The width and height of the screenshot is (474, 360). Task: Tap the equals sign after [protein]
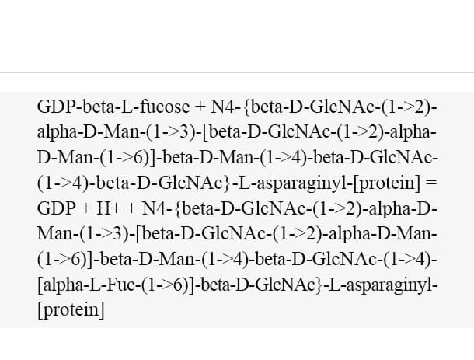(431, 183)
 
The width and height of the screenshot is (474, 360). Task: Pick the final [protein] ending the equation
(71, 310)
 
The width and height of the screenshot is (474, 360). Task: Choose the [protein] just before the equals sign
(387, 183)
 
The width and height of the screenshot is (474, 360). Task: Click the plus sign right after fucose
(200, 107)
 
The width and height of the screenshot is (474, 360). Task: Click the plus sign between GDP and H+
(86, 209)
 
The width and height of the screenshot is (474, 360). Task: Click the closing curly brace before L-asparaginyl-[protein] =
(228, 183)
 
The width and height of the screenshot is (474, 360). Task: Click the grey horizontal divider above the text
(237, 72)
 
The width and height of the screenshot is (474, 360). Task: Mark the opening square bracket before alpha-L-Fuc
(40, 285)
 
